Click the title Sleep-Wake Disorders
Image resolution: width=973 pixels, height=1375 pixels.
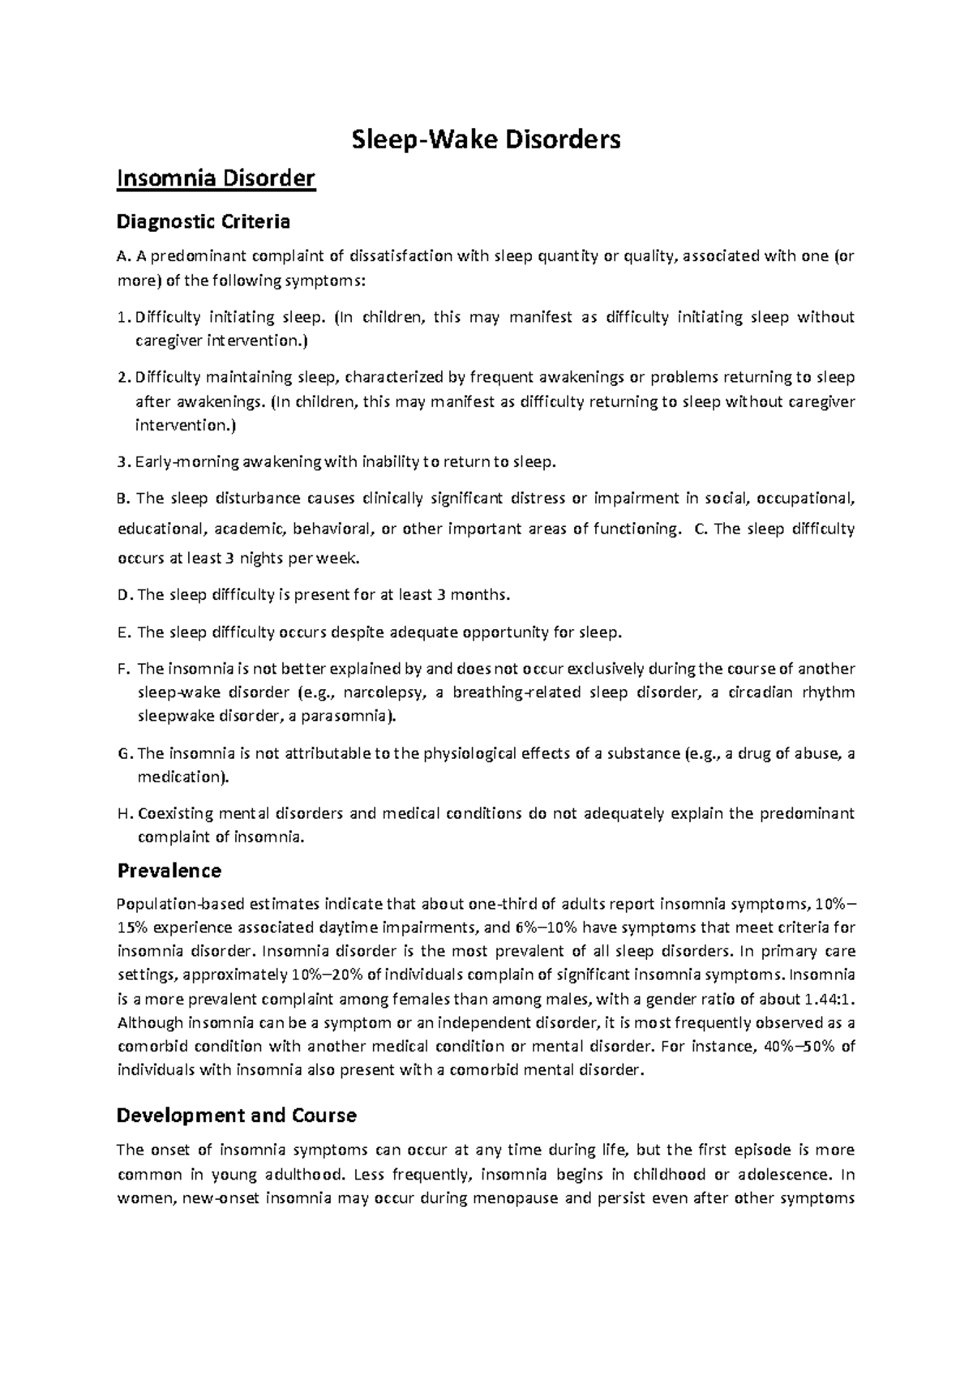pos(486,140)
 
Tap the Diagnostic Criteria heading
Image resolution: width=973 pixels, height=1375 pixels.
pos(203,221)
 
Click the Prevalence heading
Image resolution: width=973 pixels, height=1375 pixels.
pos(169,871)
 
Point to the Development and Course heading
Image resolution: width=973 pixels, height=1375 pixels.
pos(237,1116)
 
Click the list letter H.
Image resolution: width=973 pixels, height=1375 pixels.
pos(124,813)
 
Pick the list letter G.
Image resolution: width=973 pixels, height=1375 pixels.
pos(124,753)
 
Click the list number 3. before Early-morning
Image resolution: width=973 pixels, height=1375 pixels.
pos(122,462)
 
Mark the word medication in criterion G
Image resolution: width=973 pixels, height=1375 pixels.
pos(178,777)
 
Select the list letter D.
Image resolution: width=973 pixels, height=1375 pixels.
pos(124,595)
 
